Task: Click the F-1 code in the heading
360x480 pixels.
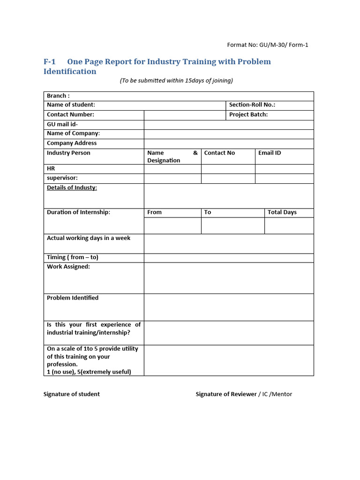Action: [49, 62]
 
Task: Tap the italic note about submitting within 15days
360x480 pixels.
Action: [176, 81]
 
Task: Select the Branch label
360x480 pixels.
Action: [58, 96]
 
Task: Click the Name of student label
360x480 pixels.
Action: [71, 105]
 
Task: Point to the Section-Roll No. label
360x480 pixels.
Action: [252, 105]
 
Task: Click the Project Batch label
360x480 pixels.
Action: [248, 114]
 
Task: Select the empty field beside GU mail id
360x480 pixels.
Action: [229, 125]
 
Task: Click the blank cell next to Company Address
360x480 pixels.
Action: [229, 143]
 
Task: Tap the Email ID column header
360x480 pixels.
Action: [270, 153]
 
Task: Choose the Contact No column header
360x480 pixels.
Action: [219, 153]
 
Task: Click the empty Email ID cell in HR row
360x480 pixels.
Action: [284, 169]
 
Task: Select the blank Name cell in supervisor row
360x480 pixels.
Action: [172, 178]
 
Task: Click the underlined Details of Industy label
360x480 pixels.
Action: [72, 187]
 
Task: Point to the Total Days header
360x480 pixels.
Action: [282, 212]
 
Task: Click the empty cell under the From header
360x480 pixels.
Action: [172, 225]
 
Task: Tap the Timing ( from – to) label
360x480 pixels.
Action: [72, 257]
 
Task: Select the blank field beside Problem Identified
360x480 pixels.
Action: [229, 307]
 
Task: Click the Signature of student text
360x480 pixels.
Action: [71, 394]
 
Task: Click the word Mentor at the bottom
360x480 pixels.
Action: [282, 394]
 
